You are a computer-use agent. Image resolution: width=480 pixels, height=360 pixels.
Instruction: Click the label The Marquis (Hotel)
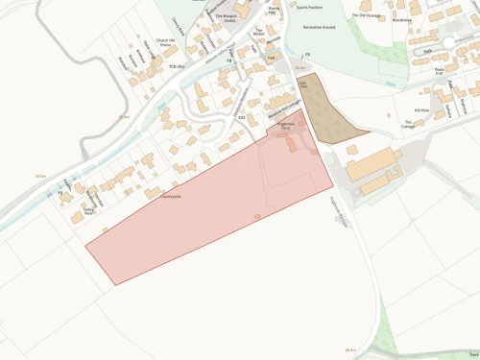(x=225, y=18)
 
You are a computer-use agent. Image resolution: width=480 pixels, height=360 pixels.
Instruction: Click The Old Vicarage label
(x=366, y=16)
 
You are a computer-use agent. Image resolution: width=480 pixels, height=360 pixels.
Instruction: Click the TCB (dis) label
(x=176, y=67)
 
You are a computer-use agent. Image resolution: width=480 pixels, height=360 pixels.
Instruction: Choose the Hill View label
(x=421, y=109)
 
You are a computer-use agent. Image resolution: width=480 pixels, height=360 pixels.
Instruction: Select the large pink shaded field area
(x=211, y=211)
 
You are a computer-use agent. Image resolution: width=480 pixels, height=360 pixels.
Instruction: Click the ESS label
(x=241, y=117)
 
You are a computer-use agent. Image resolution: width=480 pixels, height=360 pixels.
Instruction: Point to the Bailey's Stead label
(x=90, y=211)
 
